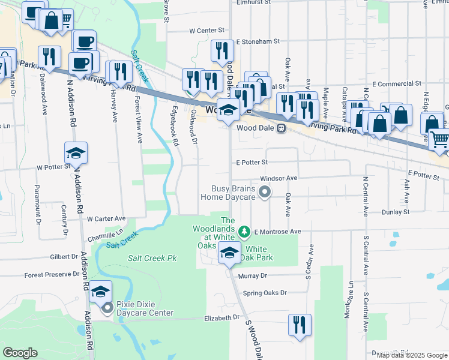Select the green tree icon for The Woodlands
click(244, 231)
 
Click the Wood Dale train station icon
click(280, 128)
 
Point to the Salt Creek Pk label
click(152, 258)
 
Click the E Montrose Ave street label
click(277, 232)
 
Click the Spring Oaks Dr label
click(265, 293)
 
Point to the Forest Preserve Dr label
click(52, 275)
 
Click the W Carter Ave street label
click(106, 219)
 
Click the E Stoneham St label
click(258, 42)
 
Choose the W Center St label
click(206, 29)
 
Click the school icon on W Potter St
click(76, 154)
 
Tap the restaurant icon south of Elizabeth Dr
click(298, 325)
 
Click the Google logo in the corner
click(20, 353)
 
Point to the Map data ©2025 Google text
click(412, 355)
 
